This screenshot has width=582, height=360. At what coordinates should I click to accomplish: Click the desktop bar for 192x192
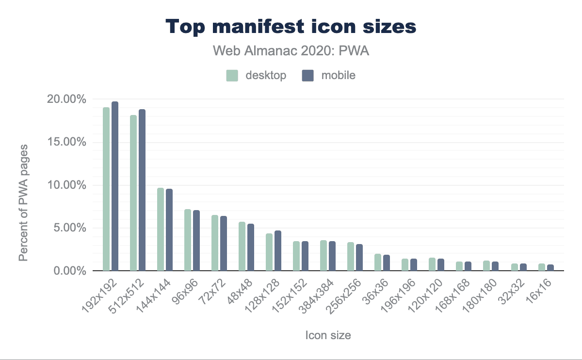106,189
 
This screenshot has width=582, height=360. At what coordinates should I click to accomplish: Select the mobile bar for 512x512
142,190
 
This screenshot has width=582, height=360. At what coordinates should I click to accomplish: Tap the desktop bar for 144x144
161,229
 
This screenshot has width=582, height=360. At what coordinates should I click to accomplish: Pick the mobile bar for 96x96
196,240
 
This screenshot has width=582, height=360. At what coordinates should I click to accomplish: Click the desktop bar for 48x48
242,246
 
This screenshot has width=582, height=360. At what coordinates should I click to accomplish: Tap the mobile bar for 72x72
224,243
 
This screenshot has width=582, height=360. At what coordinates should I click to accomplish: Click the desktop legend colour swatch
232,76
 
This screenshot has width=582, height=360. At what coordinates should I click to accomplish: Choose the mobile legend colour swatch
307,76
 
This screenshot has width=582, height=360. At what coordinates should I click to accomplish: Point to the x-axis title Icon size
328,335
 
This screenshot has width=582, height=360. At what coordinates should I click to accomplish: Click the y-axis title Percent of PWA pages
23,202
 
